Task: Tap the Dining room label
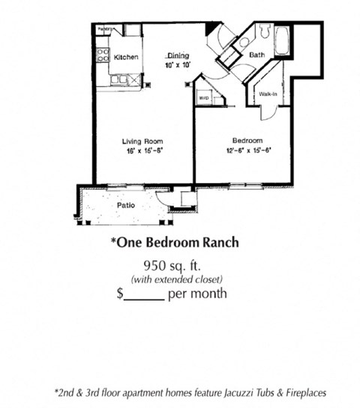(178, 55)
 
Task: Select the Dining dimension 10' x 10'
(178, 65)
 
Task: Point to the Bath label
(256, 55)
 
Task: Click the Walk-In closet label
(267, 94)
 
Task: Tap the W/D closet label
(203, 97)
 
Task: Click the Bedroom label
(246, 141)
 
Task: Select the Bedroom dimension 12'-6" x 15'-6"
(246, 151)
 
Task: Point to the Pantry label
(104, 28)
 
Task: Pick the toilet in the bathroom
(265, 31)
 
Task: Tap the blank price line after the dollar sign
(144, 294)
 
